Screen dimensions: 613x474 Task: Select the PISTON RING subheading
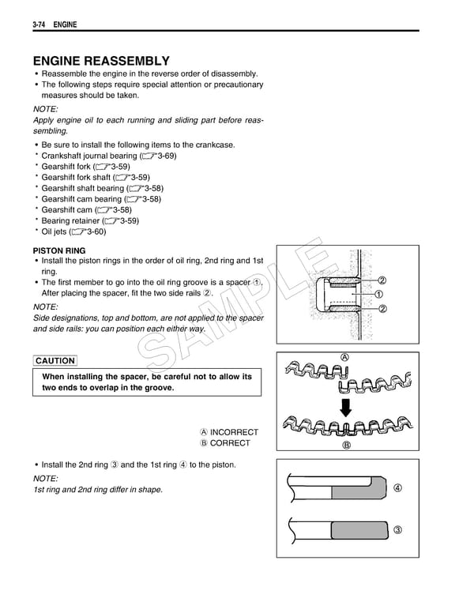pyautogui.click(x=59, y=250)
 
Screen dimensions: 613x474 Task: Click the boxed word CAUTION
pyautogui.click(x=55, y=361)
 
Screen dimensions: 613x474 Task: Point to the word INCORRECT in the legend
pyautogui.click(x=234, y=432)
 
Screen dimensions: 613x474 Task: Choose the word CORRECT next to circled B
pyautogui.click(x=230, y=443)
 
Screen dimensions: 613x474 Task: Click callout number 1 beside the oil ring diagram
pyautogui.click(x=382, y=294)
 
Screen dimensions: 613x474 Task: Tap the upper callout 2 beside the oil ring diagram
pyautogui.click(x=382, y=280)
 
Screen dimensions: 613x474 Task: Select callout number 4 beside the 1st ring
pyautogui.click(x=397, y=488)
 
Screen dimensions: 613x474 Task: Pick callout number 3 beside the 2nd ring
pyautogui.click(x=397, y=529)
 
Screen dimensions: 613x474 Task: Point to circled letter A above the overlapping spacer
pyautogui.click(x=345, y=355)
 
